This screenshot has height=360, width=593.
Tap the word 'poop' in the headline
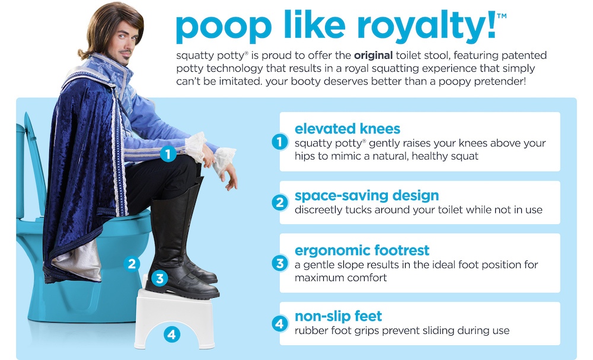(x=224, y=27)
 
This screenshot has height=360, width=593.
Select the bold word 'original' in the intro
(x=373, y=56)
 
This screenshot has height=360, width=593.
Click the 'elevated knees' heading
(x=347, y=129)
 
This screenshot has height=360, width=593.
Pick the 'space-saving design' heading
(x=366, y=196)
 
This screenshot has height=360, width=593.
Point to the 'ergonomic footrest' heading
(x=362, y=250)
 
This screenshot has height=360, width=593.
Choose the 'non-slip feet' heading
(x=338, y=316)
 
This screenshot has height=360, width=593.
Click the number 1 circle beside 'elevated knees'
(x=279, y=142)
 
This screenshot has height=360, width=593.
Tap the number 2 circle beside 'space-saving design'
(x=279, y=203)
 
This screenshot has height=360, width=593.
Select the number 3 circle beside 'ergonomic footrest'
(x=279, y=263)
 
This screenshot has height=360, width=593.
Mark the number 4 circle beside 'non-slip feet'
(x=279, y=324)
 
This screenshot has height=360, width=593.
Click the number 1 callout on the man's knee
(x=168, y=154)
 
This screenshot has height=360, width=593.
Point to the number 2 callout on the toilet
(x=132, y=263)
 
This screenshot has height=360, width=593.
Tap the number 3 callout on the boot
(x=160, y=279)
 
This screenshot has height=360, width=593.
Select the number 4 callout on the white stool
(x=172, y=334)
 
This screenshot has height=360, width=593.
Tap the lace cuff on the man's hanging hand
(x=224, y=160)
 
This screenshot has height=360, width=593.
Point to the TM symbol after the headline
(x=502, y=16)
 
